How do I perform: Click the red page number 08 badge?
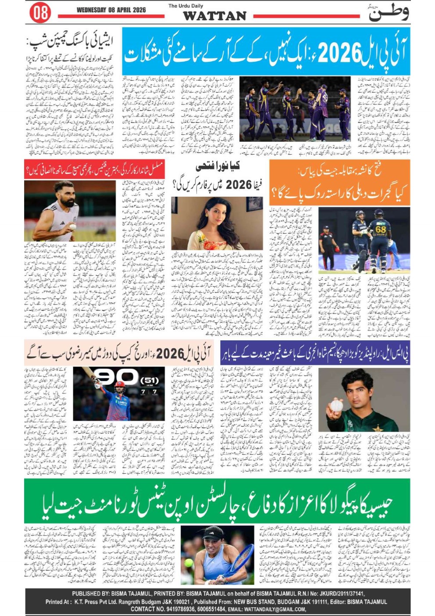pyautogui.click(x=40, y=12)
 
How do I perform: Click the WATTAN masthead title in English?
pyautogui.click(x=214, y=16)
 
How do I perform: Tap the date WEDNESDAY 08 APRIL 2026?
pyautogui.click(x=111, y=10)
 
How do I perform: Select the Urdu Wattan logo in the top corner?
pyautogui.click(x=389, y=12)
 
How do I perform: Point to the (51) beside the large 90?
pyautogui.click(x=149, y=379)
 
